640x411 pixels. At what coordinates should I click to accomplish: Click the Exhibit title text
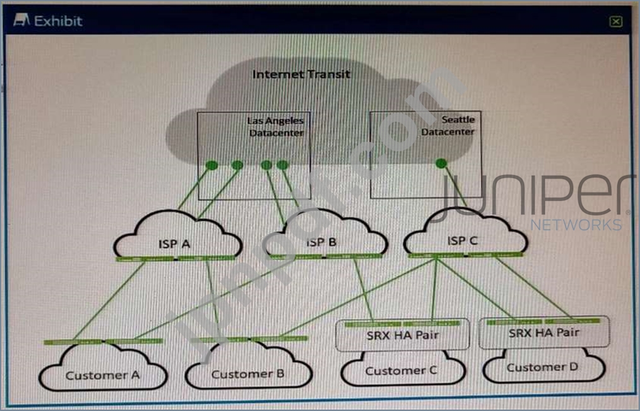click(58, 21)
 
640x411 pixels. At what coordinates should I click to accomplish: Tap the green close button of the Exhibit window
click(616, 22)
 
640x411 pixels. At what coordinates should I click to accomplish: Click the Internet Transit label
click(301, 74)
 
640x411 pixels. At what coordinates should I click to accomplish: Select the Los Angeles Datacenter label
click(276, 126)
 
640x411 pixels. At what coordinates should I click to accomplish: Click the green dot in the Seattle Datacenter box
click(441, 163)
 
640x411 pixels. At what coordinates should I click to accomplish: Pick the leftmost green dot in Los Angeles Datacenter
click(212, 165)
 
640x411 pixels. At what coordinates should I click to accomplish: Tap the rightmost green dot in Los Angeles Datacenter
click(283, 165)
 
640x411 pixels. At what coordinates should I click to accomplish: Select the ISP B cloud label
click(324, 242)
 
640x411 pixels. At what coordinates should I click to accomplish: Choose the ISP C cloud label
click(462, 241)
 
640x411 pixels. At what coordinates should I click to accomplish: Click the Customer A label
click(102, 375)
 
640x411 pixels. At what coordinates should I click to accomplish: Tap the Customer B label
click(247, 374)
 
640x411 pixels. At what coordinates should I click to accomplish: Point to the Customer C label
click(401, 371)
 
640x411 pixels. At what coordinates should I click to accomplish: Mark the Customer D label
click(543, 368)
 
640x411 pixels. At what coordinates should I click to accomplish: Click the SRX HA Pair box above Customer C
click(402, 335)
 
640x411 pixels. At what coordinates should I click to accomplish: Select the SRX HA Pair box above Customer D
click(544, 333)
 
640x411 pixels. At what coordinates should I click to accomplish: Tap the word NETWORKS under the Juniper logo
click(576, 225)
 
